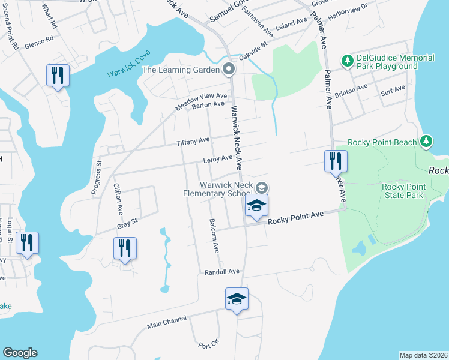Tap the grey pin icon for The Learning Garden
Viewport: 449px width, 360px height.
coord(228,70)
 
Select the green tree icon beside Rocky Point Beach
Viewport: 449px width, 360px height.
coord(426,142)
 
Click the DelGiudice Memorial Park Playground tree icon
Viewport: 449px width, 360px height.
coord(347,61)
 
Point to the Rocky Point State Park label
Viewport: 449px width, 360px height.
coord(403,191)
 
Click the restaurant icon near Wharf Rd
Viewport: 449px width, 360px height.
coord(58,76)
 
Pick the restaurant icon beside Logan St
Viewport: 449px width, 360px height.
coord(27,243)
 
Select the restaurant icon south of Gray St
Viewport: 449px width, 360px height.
coord(125,248)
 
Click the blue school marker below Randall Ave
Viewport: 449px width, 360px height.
coord(237,298)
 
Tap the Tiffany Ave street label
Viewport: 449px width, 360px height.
coord(193,142)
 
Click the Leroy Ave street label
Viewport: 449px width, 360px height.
coord(217,158)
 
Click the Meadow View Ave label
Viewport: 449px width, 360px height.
coord(201,100)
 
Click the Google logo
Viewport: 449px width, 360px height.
coord(20,353)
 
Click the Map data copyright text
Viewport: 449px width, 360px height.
coord(423,355)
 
